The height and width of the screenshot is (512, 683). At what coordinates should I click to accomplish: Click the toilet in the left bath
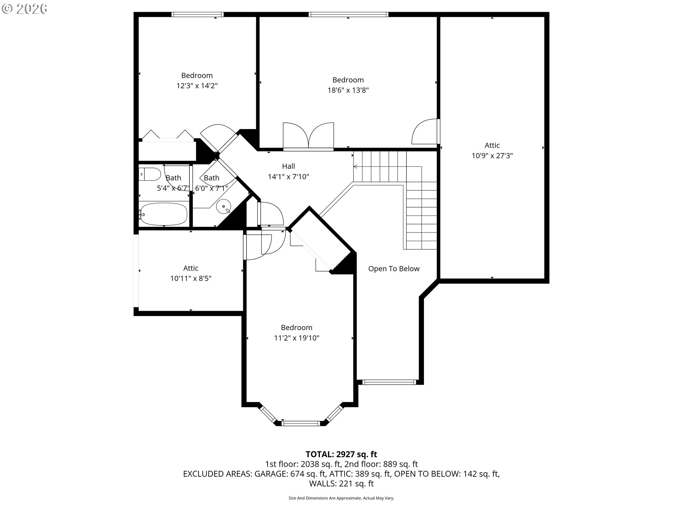coord(150,174)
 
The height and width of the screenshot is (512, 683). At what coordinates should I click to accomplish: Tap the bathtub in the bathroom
coord(163,214)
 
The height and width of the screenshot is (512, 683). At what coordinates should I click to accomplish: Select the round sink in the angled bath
coord(224,206)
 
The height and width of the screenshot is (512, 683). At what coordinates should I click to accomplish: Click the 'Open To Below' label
coord(394,269)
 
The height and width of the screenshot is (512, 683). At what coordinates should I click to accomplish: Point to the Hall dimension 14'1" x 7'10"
coord(288,177)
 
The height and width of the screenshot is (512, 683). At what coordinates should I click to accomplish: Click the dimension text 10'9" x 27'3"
coord(492,156)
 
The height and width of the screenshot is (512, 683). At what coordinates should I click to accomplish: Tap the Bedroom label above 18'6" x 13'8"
coord(348,80)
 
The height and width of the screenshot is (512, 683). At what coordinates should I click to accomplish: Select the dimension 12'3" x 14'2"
coord(197,86)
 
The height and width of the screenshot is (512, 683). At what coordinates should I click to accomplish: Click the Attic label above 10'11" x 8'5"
coord(191,268)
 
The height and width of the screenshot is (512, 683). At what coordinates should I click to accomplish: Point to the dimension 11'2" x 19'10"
coord(297,338)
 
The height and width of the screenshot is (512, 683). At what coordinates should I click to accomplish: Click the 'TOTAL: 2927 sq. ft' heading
coord(341,454)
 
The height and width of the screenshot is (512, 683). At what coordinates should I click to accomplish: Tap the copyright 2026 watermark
coord(24,9)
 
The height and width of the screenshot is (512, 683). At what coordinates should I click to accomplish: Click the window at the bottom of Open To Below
coord(389,382)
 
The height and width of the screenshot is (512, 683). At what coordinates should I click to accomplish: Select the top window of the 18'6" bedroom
coord(348,15)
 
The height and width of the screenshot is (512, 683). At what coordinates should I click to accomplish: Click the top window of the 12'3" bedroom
coord(197,15)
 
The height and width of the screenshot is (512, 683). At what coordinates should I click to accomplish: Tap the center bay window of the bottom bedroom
coord(301,423)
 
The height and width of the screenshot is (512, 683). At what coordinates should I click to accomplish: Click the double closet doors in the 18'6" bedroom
coord(308,136)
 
